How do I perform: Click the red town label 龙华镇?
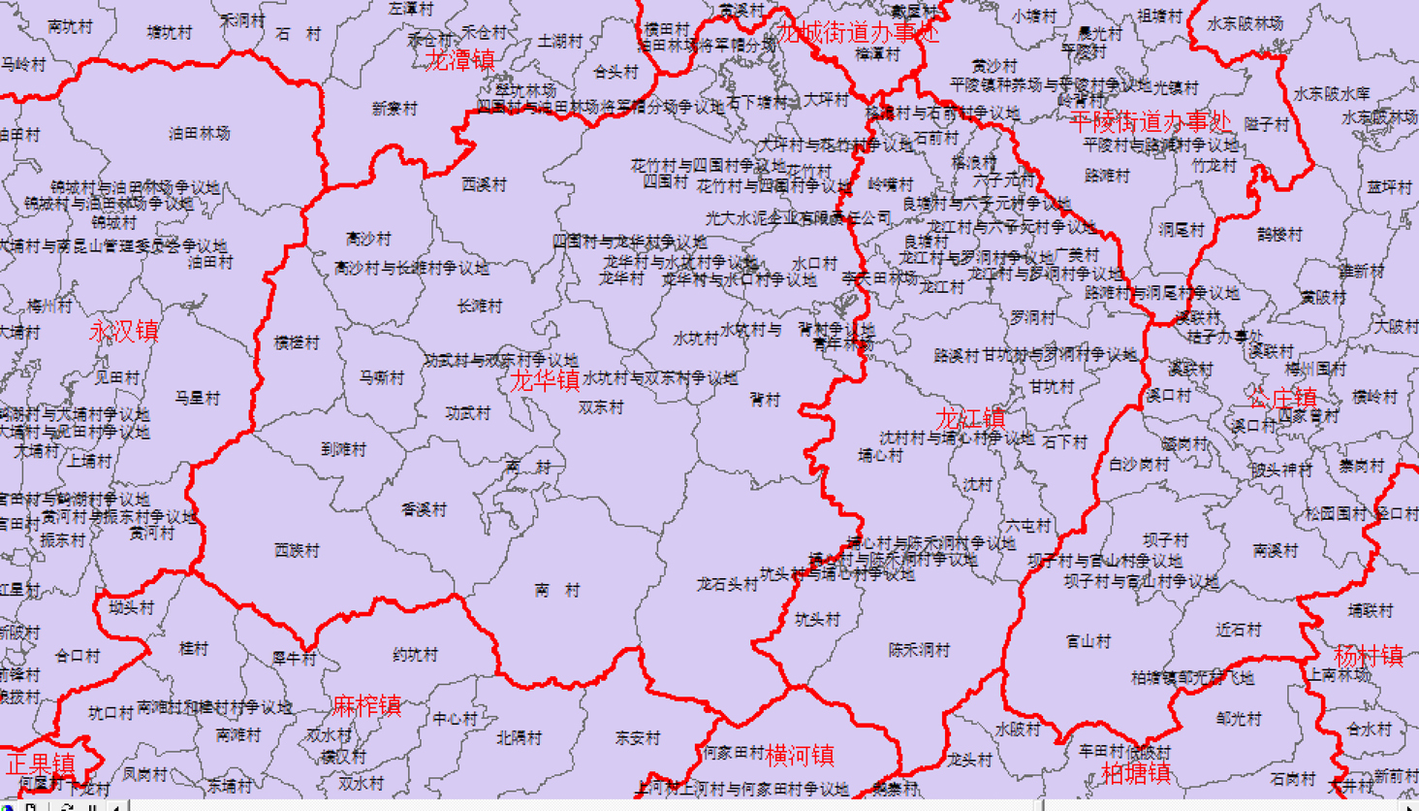(545, 380)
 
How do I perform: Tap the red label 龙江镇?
(969, 419)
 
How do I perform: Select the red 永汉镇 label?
(124, 331)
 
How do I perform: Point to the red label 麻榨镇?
(366, 705)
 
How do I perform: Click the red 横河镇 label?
(800, 755)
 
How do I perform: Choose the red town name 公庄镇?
(1282, 398)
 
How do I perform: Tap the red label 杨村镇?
(1369, 656)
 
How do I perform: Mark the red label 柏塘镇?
(1136, 773)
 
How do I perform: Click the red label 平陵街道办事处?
(1151, 122)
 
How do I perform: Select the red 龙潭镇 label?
(461, 60)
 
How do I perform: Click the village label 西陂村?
(297, 550)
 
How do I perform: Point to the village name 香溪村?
(424, 509)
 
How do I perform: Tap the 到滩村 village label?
(344, 449)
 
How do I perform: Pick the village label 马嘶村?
(381, 377)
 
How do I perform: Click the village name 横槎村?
(297, 342)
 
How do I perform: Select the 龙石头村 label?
(727, 584)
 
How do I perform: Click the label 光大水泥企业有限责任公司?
(798, 219)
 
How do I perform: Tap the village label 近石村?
(1239, 630)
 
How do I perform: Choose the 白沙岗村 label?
(1139, 465)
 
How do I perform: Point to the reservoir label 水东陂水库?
(1332, 94)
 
